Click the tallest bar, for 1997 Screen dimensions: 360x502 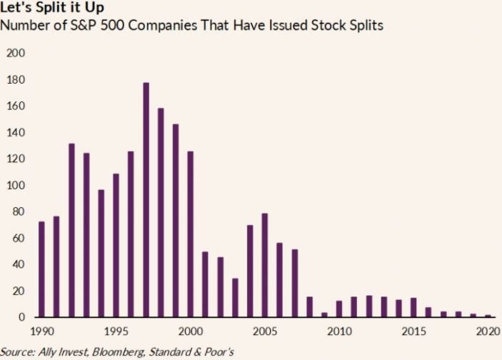(x=146, y=200)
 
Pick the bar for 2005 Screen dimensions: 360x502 (x=264, y=265)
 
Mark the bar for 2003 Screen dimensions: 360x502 (x=234, y=297)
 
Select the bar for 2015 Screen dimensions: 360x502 (x=413, y=307)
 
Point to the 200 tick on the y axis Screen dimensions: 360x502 (x=15, y=54)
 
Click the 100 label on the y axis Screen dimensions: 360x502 (x=15, y=186)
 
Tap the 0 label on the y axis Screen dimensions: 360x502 (x=21, y=317)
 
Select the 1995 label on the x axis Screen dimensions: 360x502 (x=116, y=331)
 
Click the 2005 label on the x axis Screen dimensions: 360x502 (x=264, y=331)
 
